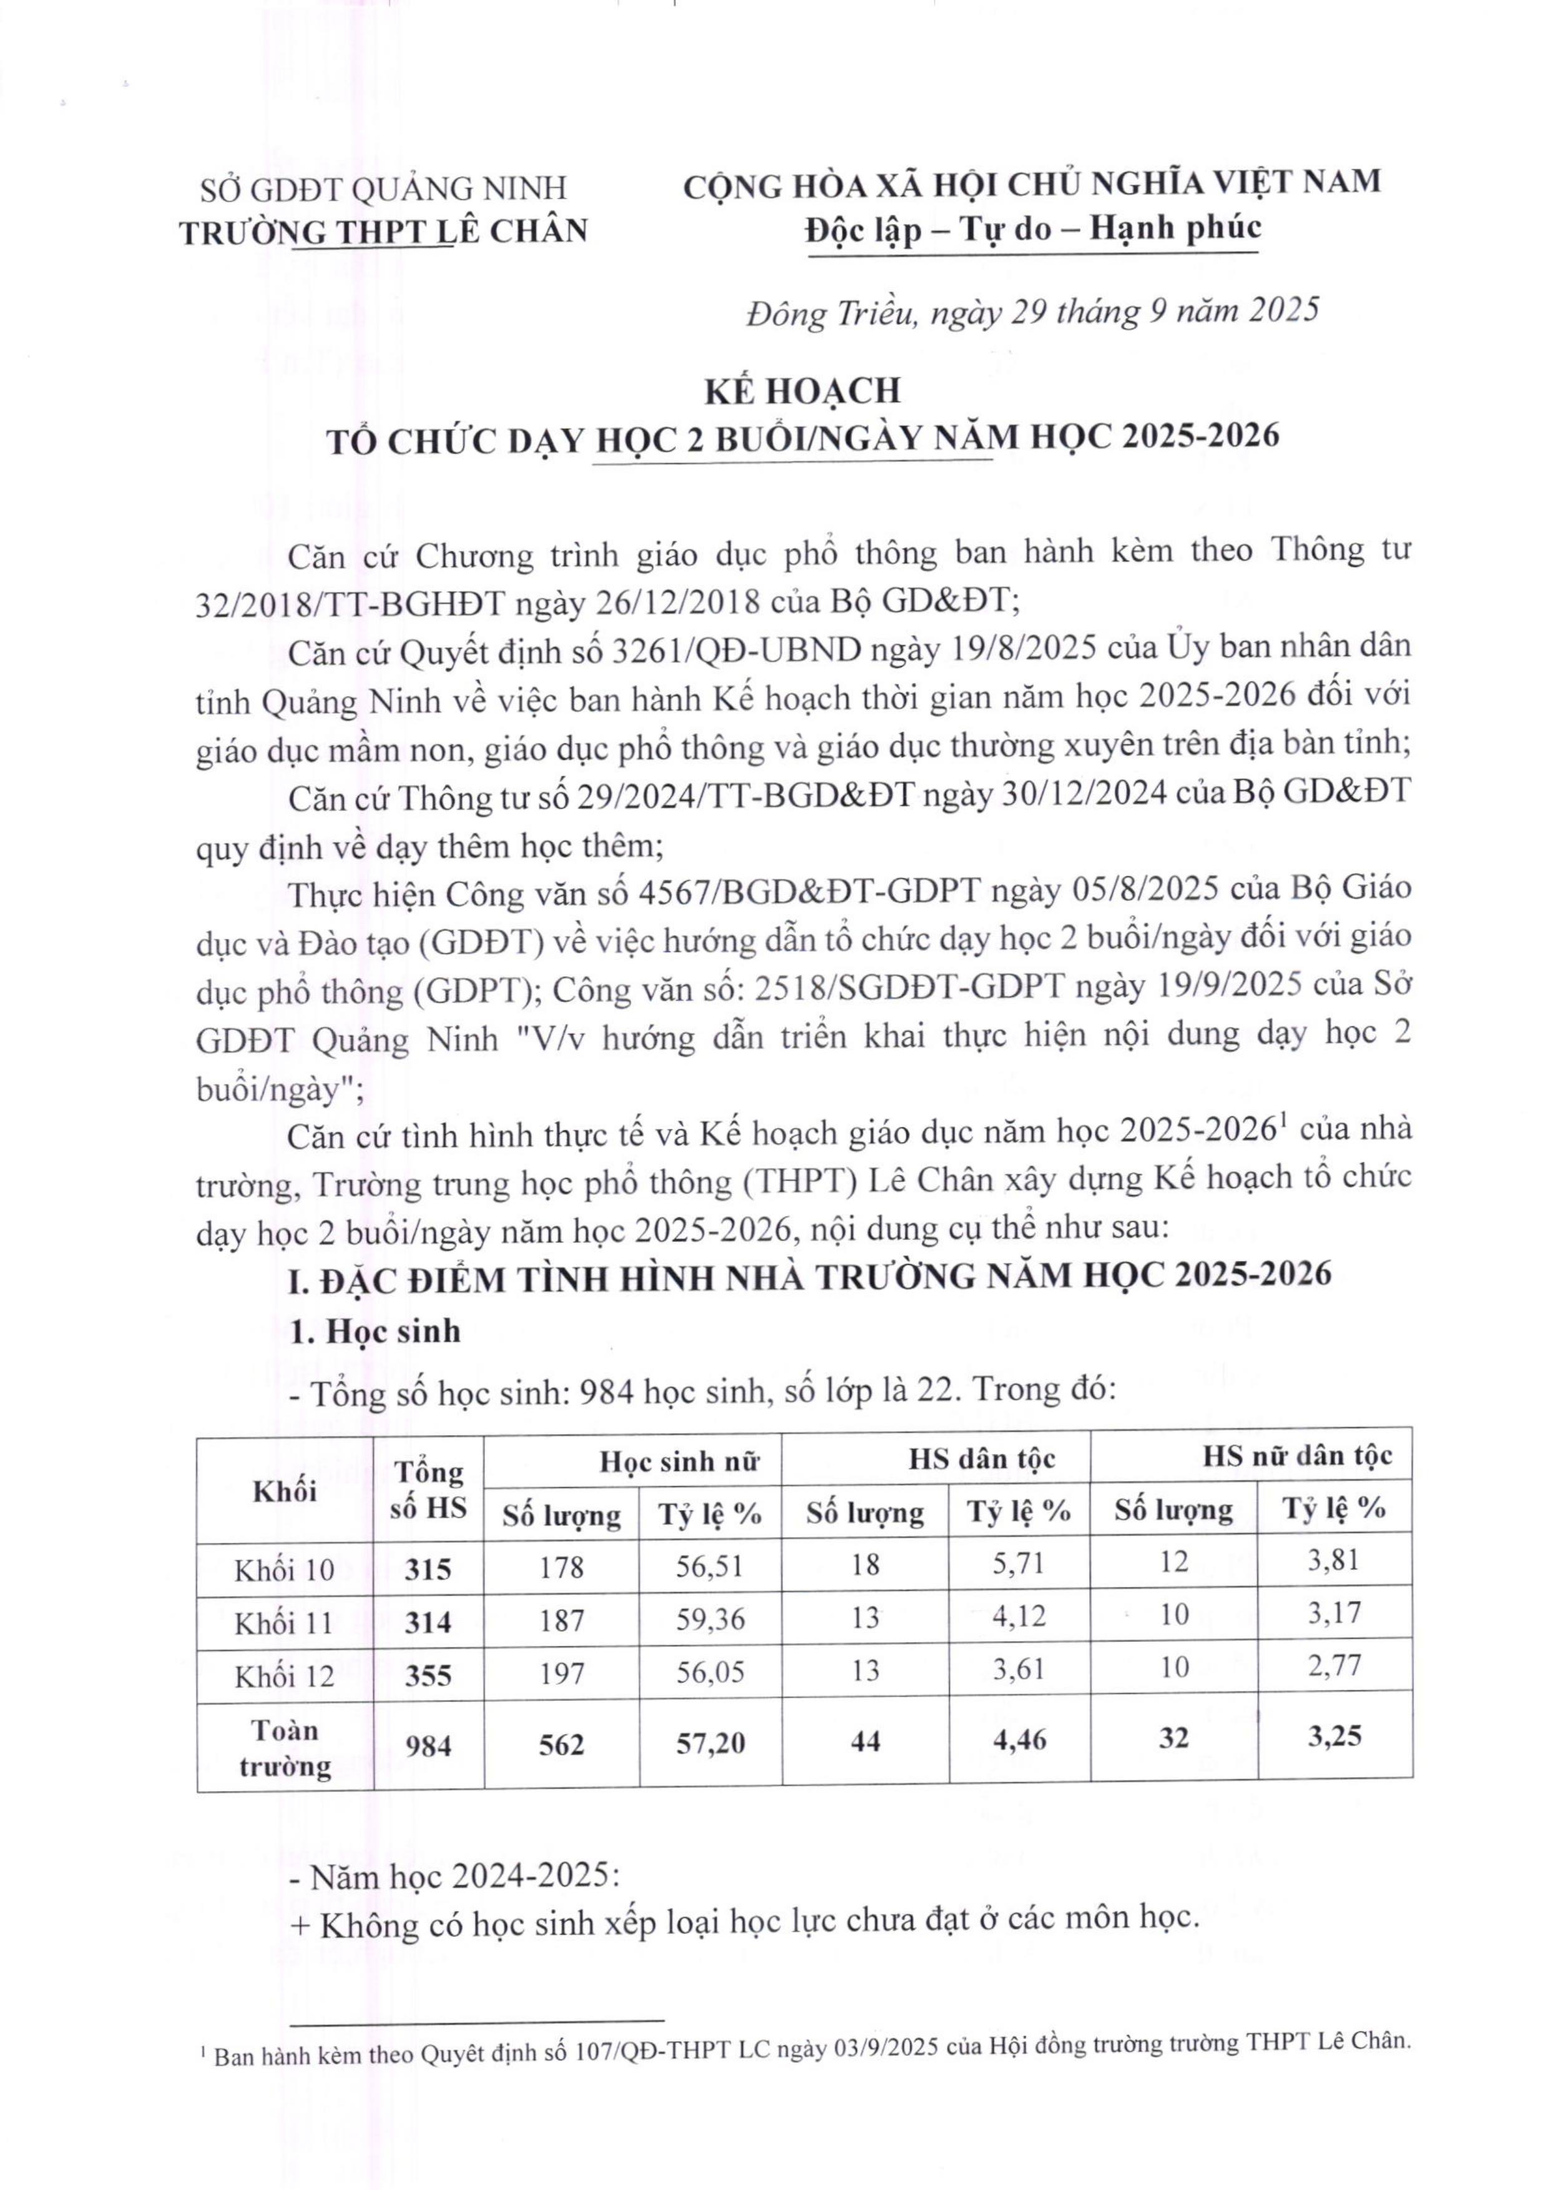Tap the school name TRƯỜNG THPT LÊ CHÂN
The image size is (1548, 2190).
pyautogui.click(x=385, y=232)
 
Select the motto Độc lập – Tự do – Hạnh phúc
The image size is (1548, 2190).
pyautogui.click(x=1032, y=229)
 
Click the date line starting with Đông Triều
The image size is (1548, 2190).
pyautogui.click(x=1032, y=312)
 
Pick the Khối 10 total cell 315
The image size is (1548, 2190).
pyautogui.click(x=428, y=1568)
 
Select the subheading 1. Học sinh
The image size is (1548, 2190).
pyautogui.click(x=375, y=1332)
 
